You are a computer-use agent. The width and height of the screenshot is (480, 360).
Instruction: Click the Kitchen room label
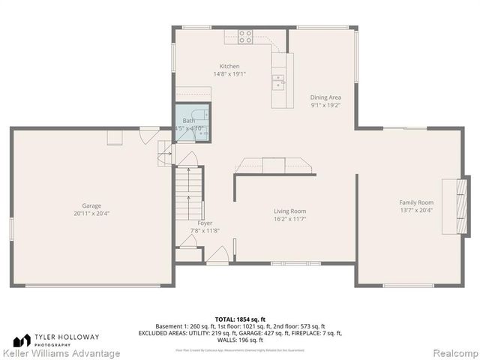pyautogui.click(x=229, y=66)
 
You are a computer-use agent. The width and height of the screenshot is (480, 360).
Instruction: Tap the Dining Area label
pyautogui.click(x=325, y=97)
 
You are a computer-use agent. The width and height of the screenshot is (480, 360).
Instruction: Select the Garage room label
pyautogui.click(x=91, y=205)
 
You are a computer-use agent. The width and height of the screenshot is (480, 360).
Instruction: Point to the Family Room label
pyautogui.click(x=415, y=202)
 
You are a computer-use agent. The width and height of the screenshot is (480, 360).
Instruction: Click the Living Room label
pyautogui.click(x=289, y=211)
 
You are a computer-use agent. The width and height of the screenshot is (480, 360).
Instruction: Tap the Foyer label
pyautogui.click(x=205, y=223)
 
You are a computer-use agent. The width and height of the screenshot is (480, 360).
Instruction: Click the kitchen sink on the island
pyautogui.click(x=279, y=80)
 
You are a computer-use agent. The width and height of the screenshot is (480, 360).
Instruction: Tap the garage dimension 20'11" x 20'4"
pyautogui.click(x=91, y=214)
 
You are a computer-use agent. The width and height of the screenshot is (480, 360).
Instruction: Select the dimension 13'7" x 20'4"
pyautogui.click(x=415, y=211)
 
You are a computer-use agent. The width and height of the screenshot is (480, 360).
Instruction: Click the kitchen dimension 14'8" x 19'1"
pyautogui.click(x=229, y=74)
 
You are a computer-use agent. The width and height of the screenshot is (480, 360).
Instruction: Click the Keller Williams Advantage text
pyautogui.click(x=61, y=353)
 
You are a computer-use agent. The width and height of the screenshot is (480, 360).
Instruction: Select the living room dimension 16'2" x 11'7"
pyautogui.click(x=289, y=219)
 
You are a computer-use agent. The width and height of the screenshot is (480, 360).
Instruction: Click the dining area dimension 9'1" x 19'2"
pyautogui.click(x=325, y=105)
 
